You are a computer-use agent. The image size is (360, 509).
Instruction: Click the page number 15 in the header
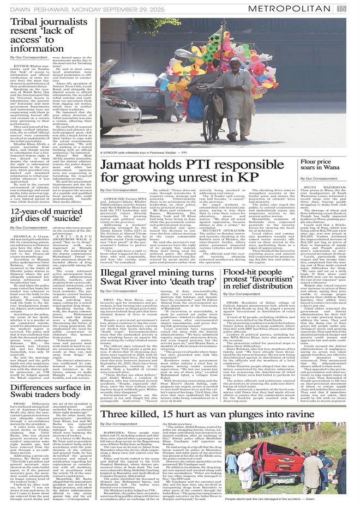click(x=341, y=8)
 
